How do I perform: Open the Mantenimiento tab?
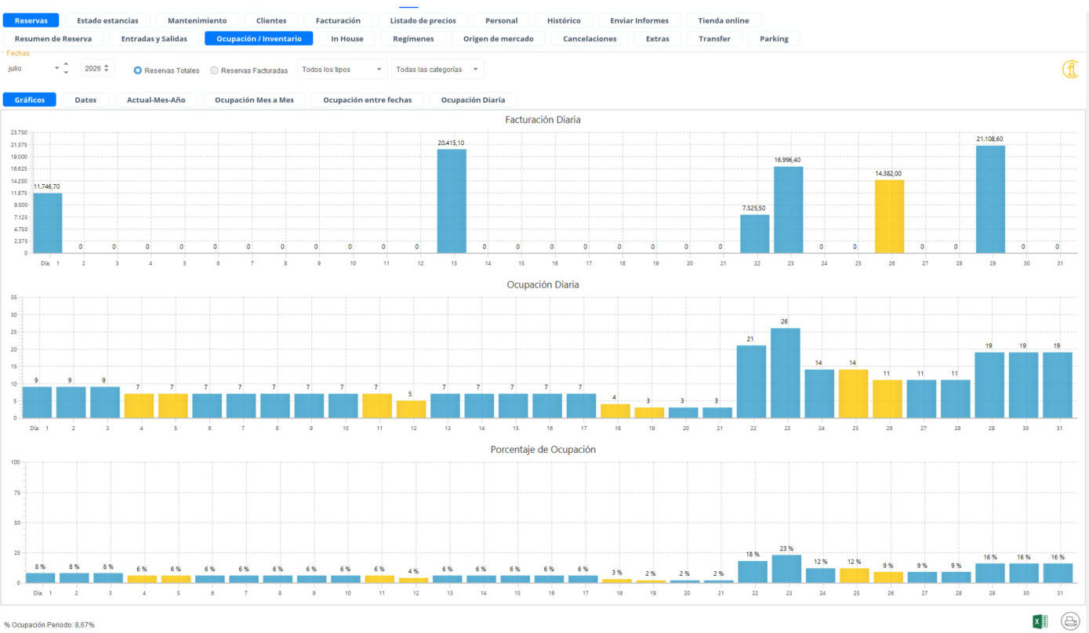[197, 20]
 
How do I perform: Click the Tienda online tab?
[723, 20]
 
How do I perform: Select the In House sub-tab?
[347, 38]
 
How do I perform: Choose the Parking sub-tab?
[774, 38]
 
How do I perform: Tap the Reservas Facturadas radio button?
[214, 71]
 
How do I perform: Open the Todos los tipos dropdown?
[342, 70]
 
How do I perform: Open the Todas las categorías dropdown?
[437, 70]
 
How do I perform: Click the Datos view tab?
[85, 99]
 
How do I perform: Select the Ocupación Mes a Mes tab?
[254, 99]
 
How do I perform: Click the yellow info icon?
[1070, 70]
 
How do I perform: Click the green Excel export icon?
[1040, 621]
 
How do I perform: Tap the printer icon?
[1070, 621]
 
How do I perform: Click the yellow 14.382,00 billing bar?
[889, 217]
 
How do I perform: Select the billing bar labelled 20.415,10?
[452, 201]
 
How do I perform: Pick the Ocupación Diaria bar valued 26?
[785, 373]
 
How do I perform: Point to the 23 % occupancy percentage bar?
[786, 569]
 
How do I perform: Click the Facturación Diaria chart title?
[543, 120]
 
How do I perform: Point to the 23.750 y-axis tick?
[19, 132]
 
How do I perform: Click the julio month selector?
[33, 68]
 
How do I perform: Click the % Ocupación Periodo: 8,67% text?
[49, 624]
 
